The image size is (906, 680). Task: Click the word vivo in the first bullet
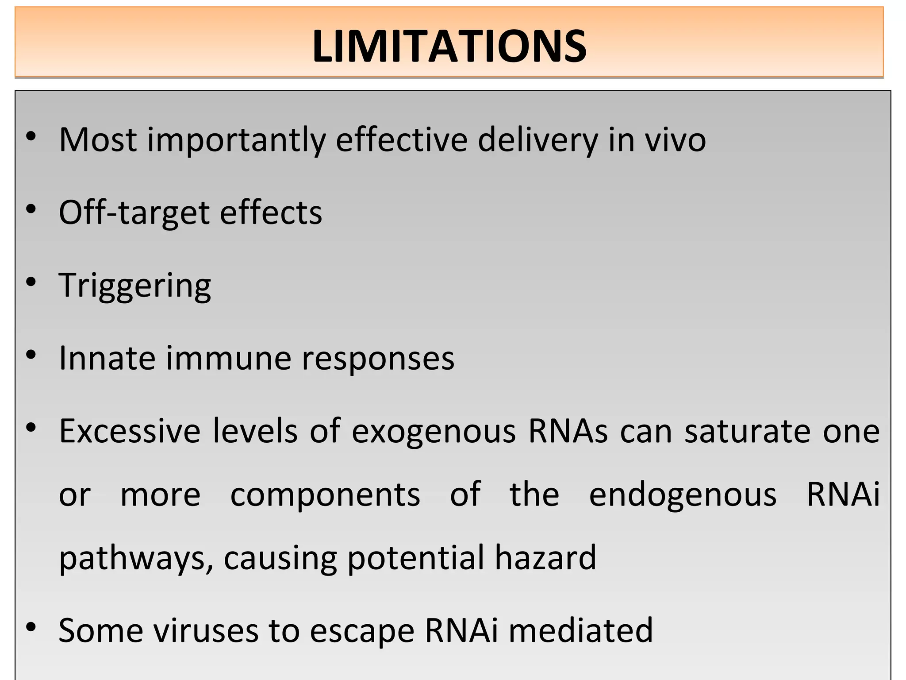[x=675, y=140]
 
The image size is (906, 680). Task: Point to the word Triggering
[x=135, y=286]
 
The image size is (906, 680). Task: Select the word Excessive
[x=130, y=431]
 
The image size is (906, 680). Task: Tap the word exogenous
[x=434, y=431]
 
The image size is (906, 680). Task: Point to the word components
[x=325, y=495]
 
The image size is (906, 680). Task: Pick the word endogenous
[x=683, y=495]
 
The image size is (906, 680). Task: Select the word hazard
[x=545, y=557]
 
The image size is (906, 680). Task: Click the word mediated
[x=580, y=630]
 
